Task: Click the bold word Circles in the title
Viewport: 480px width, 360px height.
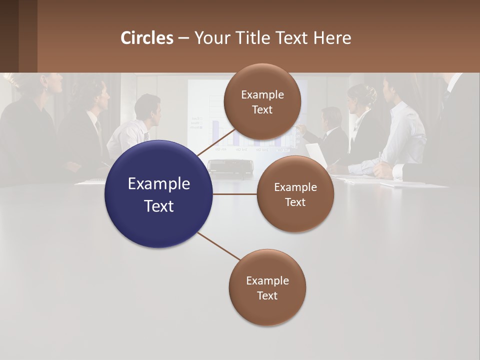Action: [147, 38]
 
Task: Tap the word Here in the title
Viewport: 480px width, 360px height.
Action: [332, 38]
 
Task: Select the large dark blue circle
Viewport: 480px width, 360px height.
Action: [158, 194]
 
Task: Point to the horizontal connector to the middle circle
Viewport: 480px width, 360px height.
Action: [235, 194]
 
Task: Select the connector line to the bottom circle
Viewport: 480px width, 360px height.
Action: [218, 246]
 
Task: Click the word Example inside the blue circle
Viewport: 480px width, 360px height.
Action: [159, 183]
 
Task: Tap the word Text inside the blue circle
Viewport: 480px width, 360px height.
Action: [159, 205]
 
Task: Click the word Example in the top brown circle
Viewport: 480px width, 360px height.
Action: [262, 94]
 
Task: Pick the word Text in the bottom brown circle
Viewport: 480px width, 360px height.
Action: [267, 295]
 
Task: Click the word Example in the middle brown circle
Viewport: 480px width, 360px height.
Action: [295, 187]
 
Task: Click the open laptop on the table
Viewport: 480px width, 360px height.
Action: [316, 155]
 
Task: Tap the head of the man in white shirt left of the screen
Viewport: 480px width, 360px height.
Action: [148, 106]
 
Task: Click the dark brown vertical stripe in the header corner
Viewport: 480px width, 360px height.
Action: [28, 36]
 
